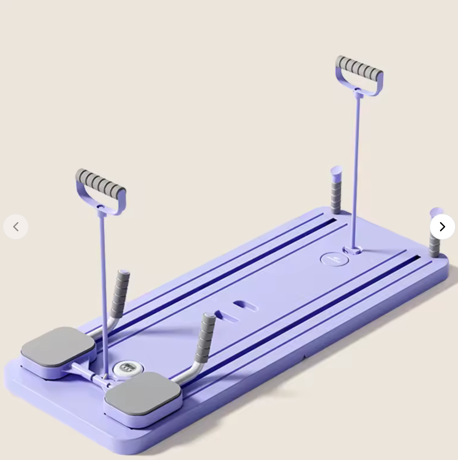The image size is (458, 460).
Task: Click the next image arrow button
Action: [x=442, y=227]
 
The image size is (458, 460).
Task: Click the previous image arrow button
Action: [x=16, y=227]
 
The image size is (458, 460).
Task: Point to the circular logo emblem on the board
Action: [x=334, y=259]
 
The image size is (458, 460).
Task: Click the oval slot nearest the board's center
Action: [x=246, y=307]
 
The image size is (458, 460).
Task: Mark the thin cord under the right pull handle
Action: [x=356, y=164]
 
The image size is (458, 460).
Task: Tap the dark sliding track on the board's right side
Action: [x=312, y=315]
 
